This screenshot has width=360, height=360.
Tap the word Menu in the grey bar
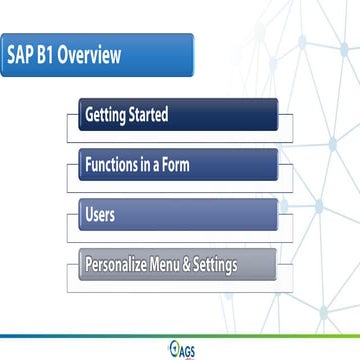pos(181,266)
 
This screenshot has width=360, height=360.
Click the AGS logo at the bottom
pos(181,349)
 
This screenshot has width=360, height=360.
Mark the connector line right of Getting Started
pos(285,115)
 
